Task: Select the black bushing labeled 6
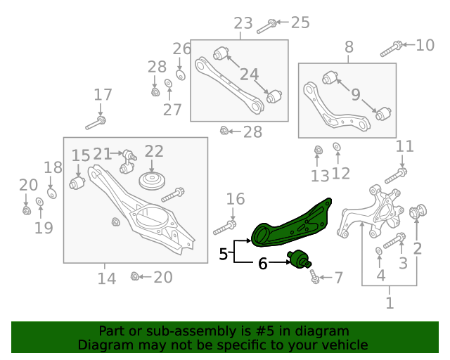tap(300, 260)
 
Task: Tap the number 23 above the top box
tap(243, 23)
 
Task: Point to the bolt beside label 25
tap(268, 27)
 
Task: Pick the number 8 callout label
tap(349, 47)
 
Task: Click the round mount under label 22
tap(151, 181)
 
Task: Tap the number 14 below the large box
tap(106, 278)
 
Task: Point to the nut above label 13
tap(317, 149)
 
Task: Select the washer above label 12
tap(336, 148)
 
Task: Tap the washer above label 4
tap(380, 251)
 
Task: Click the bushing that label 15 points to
tap(77, 183)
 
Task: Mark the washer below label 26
tap(179, 75)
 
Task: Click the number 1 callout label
tap(389, 303)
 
